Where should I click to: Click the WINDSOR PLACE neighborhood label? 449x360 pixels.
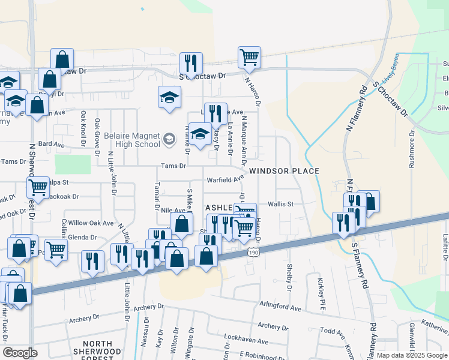284,171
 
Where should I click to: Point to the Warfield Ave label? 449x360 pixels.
225,179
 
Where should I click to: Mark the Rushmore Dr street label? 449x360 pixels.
412,149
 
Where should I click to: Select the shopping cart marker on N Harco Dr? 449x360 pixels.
249,58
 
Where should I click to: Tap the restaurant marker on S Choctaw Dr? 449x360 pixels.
191,63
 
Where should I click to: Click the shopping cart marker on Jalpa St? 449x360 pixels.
38,187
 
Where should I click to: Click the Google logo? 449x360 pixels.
20,353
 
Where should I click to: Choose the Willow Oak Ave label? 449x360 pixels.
91,223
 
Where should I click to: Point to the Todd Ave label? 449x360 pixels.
332,331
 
